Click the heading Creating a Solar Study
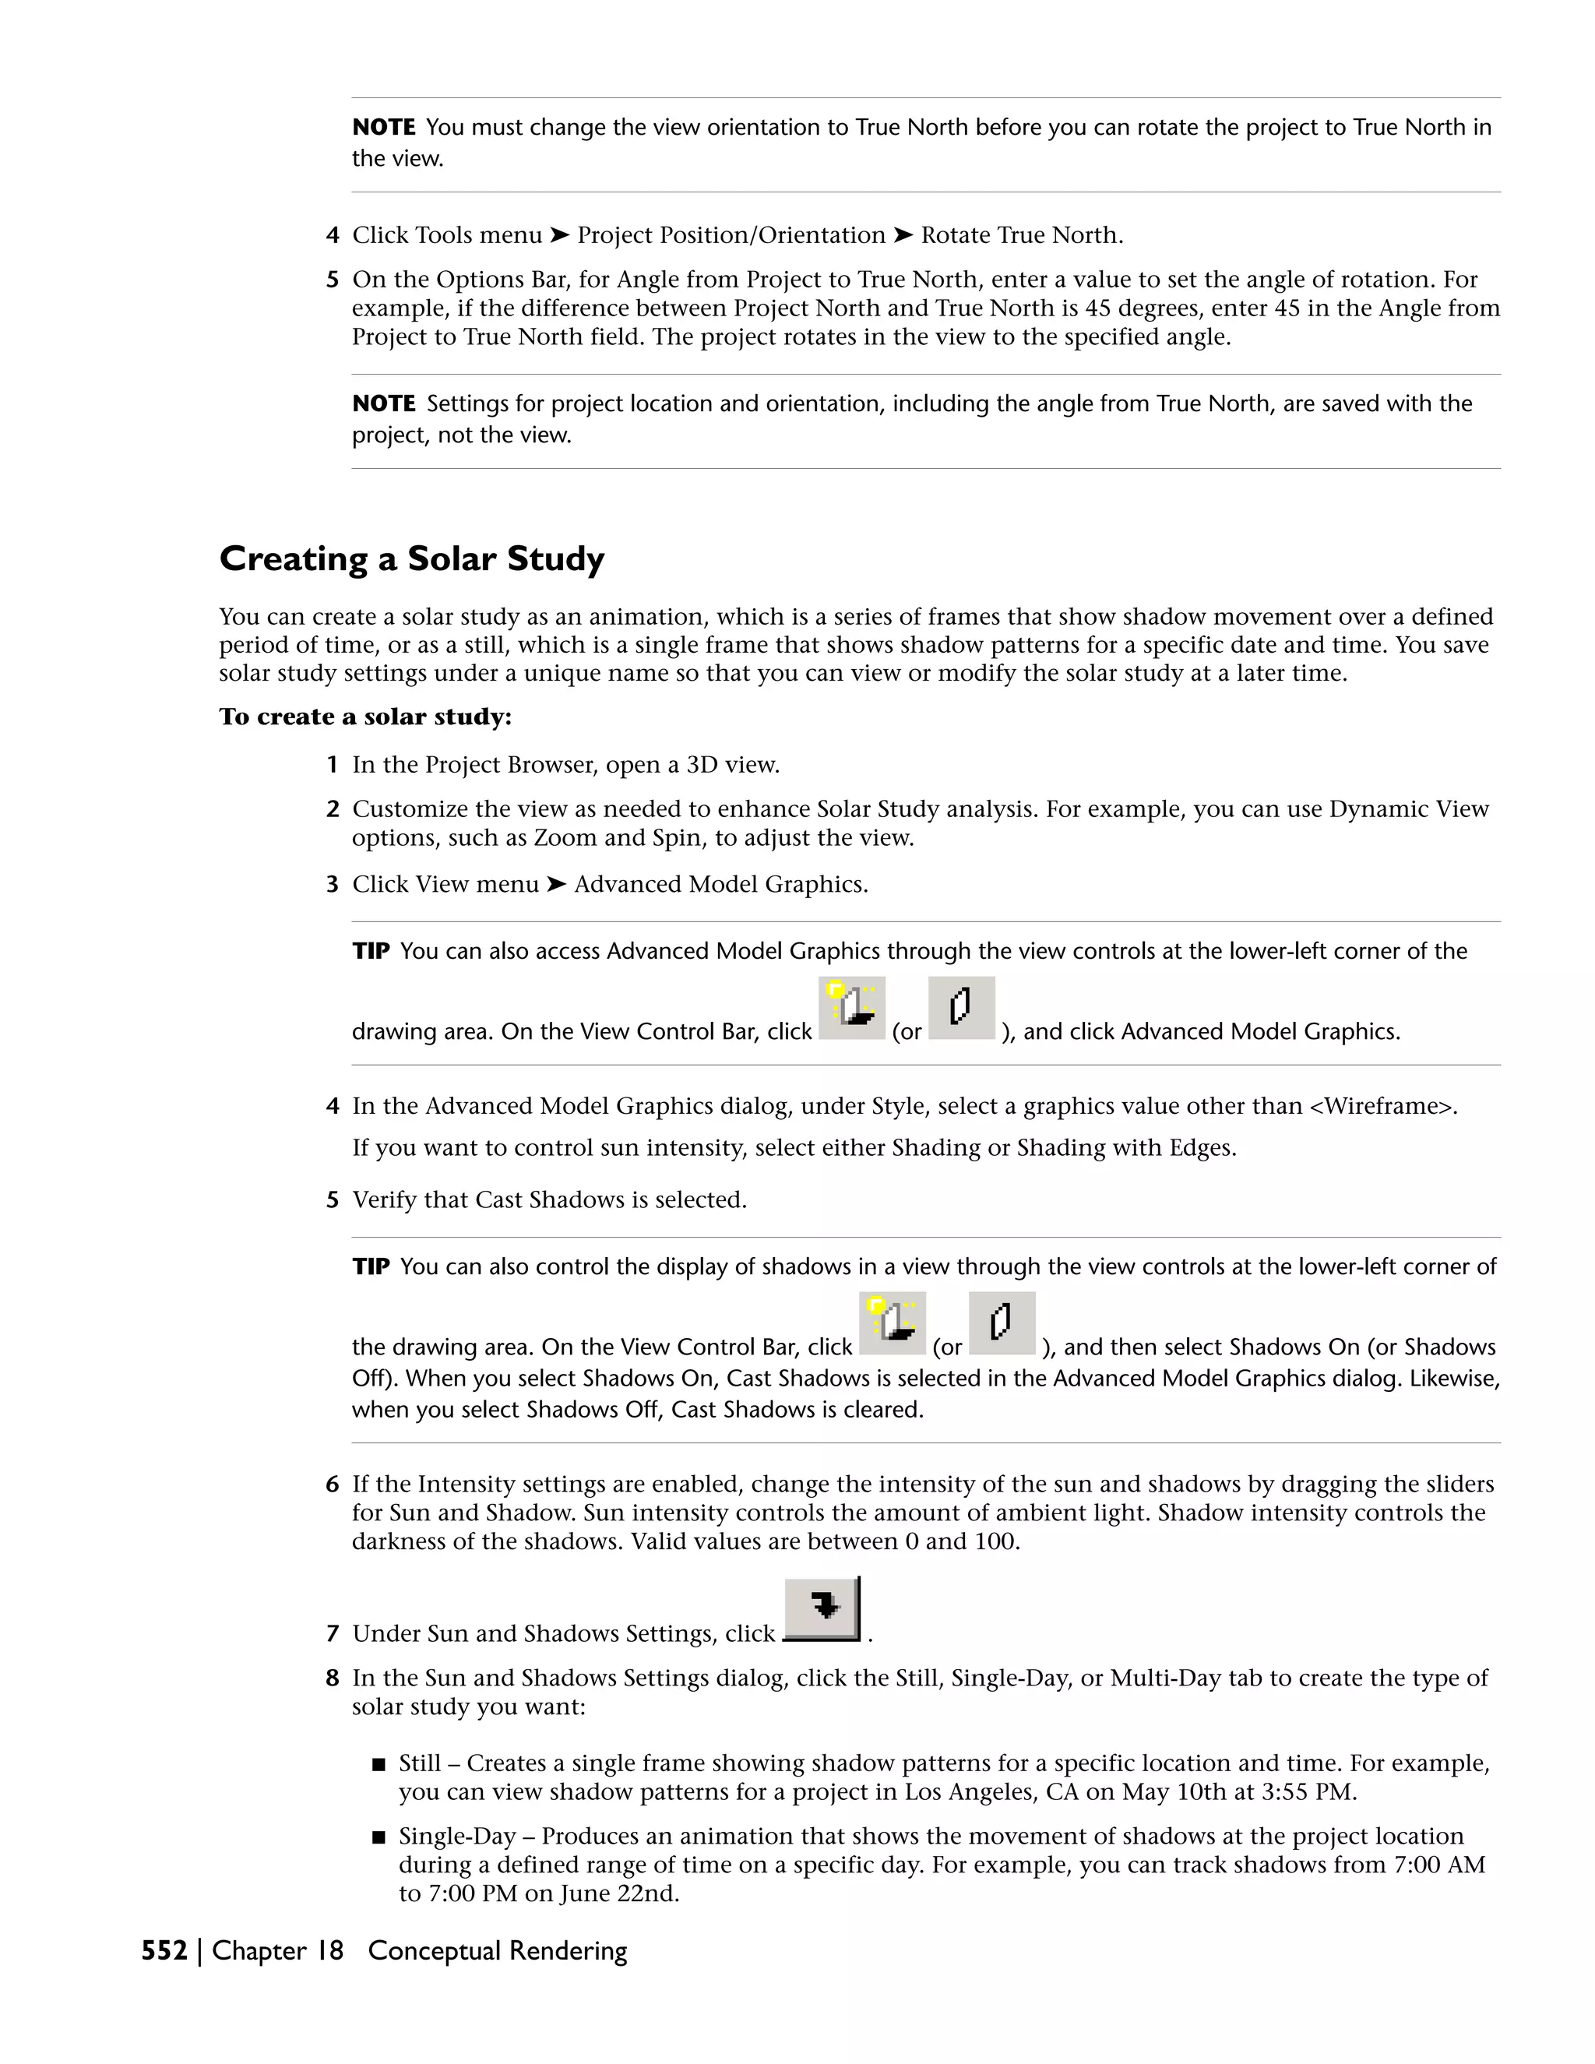(x=411, y=558)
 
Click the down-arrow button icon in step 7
(x=822, y=1608)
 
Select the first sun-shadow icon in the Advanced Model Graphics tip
(x=851, y=1007)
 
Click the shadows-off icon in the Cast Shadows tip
(x=1002, y=1323)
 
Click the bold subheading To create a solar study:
(x=364, y=717)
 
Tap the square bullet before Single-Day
(x=379, y=1838)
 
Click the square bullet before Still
(x=379, y=1764)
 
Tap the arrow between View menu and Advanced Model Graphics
(x=557, y=885)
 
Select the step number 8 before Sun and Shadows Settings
(x=332, y=1678)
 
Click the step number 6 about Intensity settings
(x=332, y=1485)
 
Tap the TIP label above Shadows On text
(x=371, y=1266)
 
